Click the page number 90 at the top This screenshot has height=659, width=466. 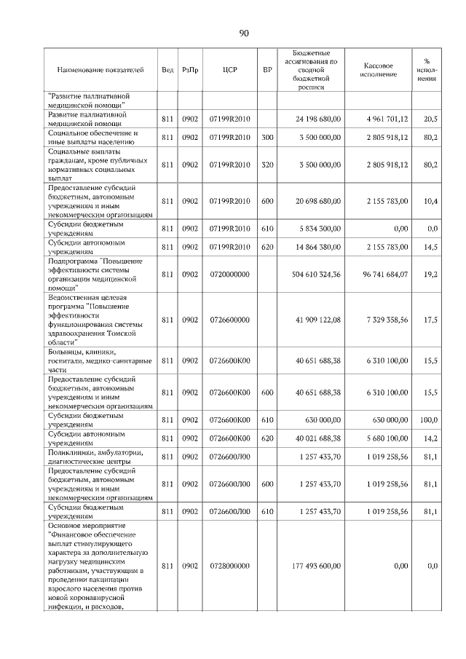pos(244,33)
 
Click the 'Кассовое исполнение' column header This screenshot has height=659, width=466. pos(378,70)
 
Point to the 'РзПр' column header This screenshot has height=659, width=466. pos(190,70)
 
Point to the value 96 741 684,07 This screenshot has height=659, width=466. pos(382,274)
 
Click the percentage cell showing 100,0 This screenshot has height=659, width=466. pos(428,420)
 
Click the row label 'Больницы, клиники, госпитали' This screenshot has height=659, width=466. pos(99,360)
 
